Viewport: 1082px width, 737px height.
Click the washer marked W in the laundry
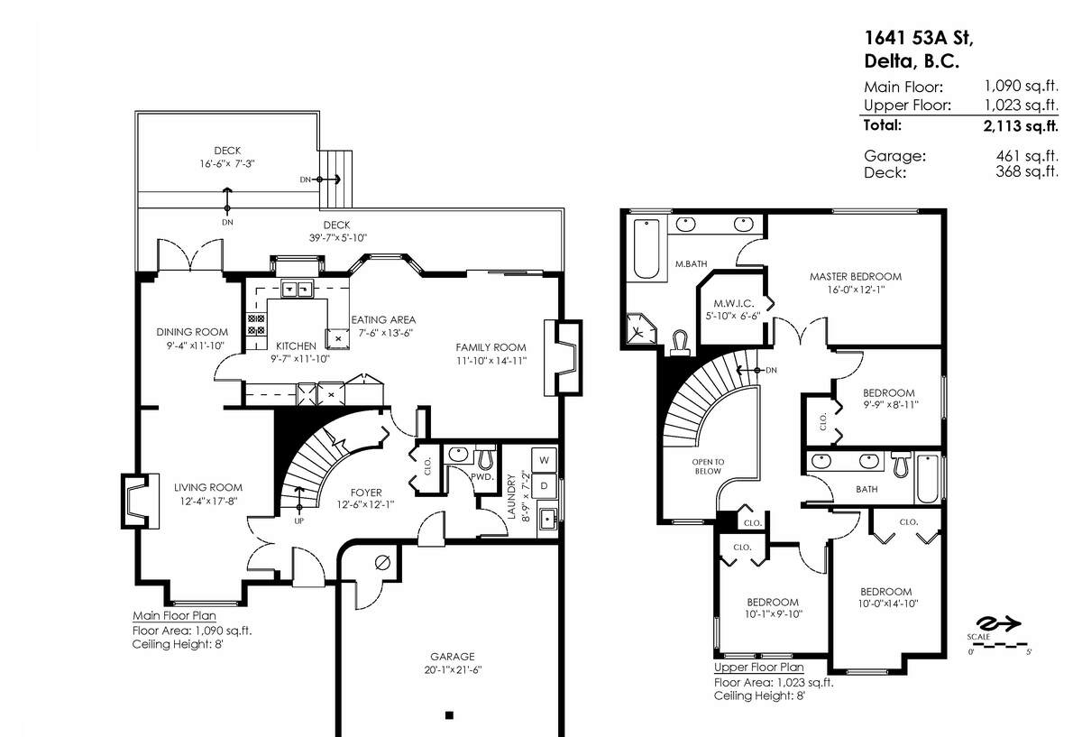pos(544,459)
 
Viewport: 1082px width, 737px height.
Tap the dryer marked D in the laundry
pos(544,485)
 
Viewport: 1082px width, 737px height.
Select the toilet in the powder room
pos(485,458)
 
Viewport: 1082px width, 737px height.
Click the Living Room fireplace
pos(140,502)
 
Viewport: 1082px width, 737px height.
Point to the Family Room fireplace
pos(564,357)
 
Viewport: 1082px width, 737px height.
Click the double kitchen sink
pos(297,289)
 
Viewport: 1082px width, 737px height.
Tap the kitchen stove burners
pos(256,324)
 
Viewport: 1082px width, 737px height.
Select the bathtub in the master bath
pos(646,249)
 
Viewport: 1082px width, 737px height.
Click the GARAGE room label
pos(453,657)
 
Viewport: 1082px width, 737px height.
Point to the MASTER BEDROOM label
pos(856,276)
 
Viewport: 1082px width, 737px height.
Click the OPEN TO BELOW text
pos(708,466)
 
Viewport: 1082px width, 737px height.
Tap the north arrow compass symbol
pos(998,623)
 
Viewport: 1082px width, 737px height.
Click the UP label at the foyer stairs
pos(299,521)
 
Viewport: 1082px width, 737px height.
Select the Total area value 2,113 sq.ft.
pos(1021,126)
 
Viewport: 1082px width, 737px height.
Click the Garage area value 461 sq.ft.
pos(1027,156)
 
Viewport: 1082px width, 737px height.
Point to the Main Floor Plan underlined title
pos(174,616)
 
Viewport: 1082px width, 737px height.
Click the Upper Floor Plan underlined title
pos(759,668)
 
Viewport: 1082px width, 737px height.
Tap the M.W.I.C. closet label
pos(733,303)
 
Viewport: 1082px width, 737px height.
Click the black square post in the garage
pos(449,715)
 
